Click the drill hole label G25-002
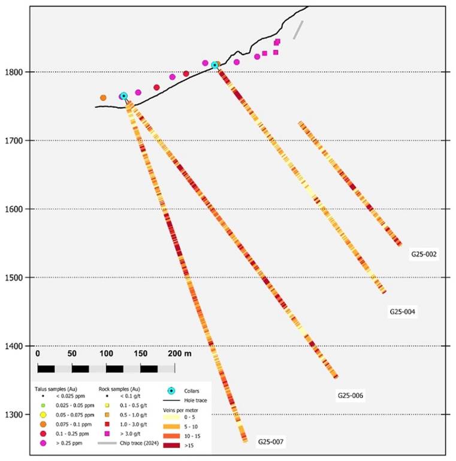424,254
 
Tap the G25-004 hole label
403,312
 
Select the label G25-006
351,396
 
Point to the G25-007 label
271,442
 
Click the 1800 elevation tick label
14,73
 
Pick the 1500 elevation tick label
14,278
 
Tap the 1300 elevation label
14,415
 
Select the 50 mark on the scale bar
72,354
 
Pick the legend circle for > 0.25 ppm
43,444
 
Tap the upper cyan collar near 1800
215,65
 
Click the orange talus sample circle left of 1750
103,98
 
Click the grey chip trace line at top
298,30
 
